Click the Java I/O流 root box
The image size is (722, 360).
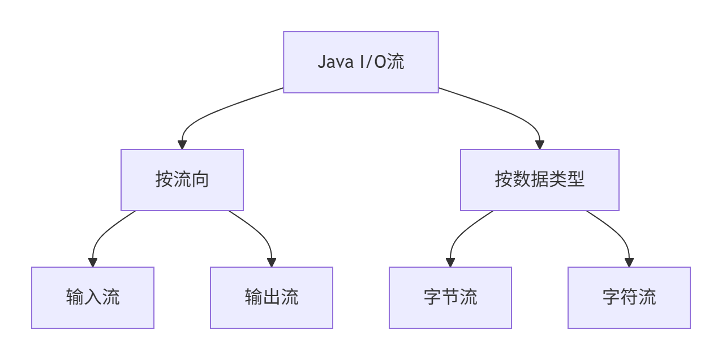(360, 62)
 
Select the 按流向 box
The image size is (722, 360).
(182, 180)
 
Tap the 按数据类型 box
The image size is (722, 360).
(539, 180)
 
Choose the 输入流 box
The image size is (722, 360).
(93, 298)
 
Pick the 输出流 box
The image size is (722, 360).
(272, 298)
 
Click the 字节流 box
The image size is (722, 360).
(450, 298)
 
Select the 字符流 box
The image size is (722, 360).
(629, 298)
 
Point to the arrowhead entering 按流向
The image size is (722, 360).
(182, 145)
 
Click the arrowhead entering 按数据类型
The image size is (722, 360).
(539, 145)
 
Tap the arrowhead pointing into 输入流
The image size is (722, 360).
(93, 263)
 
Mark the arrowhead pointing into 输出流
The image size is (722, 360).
(272, 263)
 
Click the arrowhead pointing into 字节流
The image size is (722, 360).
(450, 263)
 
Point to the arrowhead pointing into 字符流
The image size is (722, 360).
(629, 263)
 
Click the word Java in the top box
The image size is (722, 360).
(334, 62)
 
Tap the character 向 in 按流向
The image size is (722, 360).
(200, 180)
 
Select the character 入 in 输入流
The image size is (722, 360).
(93, 297)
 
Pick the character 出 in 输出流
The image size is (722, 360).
(272, 297)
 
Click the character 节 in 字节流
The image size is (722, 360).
(450, 297)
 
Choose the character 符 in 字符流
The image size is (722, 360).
(629, 297)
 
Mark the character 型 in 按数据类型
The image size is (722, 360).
(575, 180)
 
